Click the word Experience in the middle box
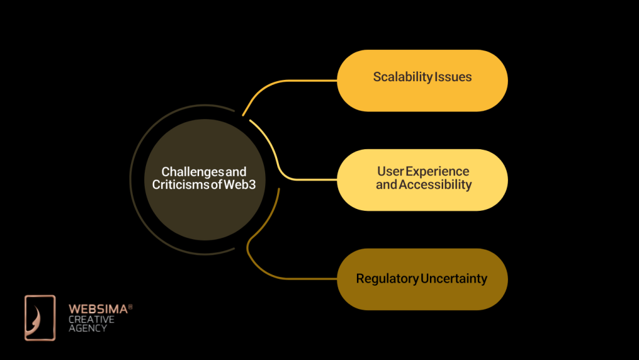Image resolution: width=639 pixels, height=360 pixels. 437,171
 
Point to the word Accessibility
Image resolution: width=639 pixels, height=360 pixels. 436,185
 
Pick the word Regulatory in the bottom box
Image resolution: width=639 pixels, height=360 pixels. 387,279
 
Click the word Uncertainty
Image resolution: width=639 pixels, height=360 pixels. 454,279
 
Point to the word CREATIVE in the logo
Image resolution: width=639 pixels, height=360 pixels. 91,319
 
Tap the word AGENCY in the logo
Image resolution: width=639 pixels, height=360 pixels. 87,328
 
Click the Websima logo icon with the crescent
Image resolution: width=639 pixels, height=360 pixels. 40,318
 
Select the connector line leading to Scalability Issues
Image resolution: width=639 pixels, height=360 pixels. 293,80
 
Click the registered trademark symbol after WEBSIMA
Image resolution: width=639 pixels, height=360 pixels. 130,306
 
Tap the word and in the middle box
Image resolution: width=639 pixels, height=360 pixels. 386,185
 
